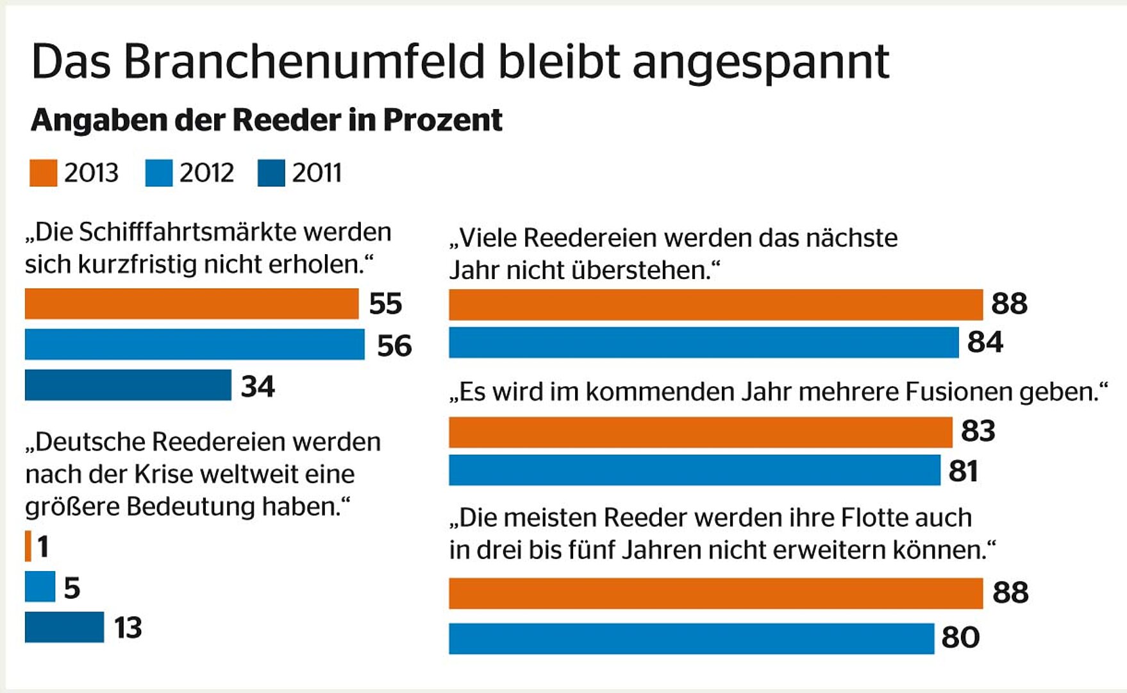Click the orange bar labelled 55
tap(191, 304)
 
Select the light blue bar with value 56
tap(194, 345)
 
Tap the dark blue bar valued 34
tap(128, 385)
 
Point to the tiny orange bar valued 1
tap(28, 547)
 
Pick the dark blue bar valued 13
tap(64, 627)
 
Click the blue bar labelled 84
tap(703, 342)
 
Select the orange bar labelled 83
tap(700, 432)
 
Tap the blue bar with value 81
tap(694, 470)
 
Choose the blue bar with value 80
tap(691, 638)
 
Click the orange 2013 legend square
tap(43, 173)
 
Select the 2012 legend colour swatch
tap(158, 173)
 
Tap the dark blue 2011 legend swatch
tap(271, 173)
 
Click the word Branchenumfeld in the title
tap(304, 62)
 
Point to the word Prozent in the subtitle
tap(442, 121)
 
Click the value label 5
tap(72, 588)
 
